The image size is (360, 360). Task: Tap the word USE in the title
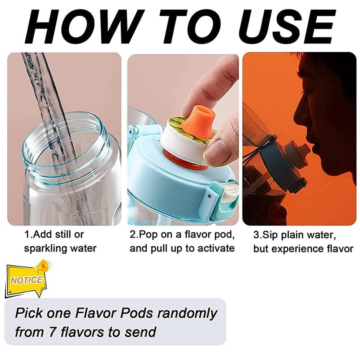(287, 27)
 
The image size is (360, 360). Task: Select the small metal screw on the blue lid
(209, 196)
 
